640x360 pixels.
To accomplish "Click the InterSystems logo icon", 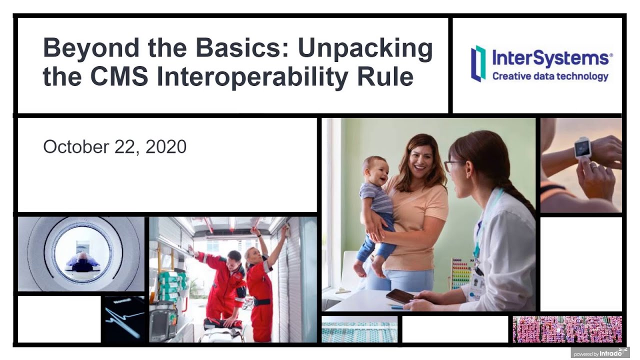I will (478, 63).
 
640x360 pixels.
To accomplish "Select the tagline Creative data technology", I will (550, 76).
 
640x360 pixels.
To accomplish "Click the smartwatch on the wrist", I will (582, 147).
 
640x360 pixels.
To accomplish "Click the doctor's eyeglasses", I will (453, 165).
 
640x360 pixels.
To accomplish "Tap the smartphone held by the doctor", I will (400, 296).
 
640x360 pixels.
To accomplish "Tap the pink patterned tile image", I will (567, 329).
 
